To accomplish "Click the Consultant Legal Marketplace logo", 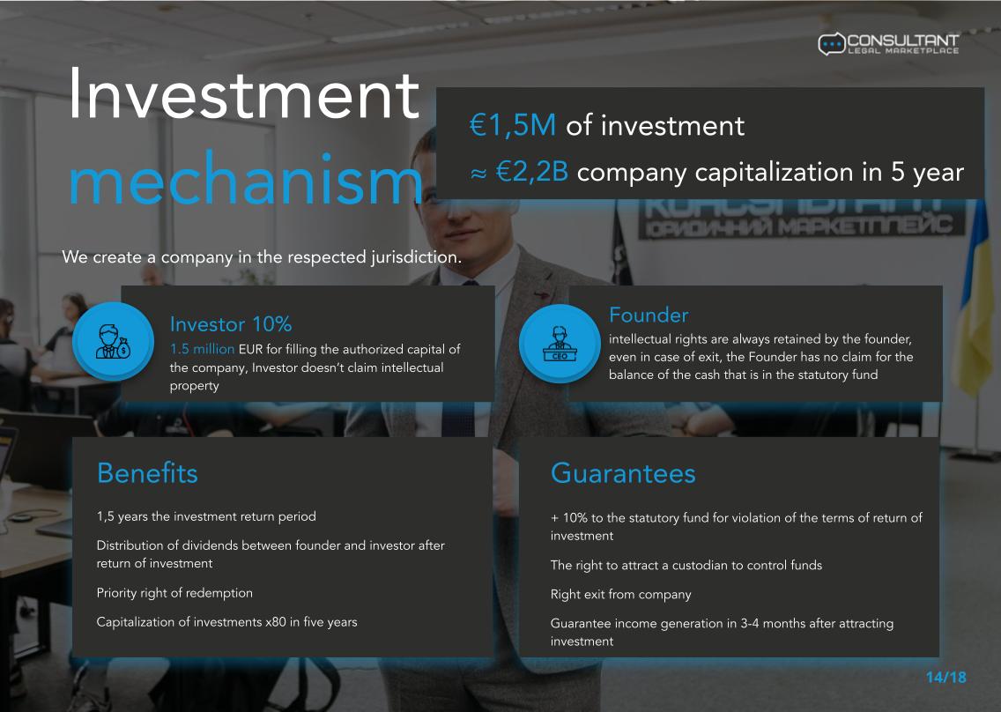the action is tap(888, 43).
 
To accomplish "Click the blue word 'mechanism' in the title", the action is tap(245, 180).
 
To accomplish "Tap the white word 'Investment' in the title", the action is tap(244, 95).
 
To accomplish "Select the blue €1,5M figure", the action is tap(513, 125).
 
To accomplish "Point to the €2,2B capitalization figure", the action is tap(532, 172).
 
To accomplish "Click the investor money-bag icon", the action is tap(113, 341).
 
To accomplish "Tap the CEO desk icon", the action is tap(560, 343).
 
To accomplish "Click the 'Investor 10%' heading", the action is tap(231, 324).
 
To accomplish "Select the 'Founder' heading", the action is tap(649, 315).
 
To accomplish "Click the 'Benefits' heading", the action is tap(147, 473).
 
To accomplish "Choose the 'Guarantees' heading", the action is tap(623, 473).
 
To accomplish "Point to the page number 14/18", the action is tap(946, 678).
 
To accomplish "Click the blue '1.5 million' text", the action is tap(203, 349).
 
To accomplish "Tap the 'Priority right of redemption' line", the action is tap(174, 593).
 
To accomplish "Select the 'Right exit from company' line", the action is tap(620, 595).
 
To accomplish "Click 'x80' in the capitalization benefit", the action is tap(276, 622).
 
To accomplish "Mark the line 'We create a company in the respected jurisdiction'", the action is tap(262, 257).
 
